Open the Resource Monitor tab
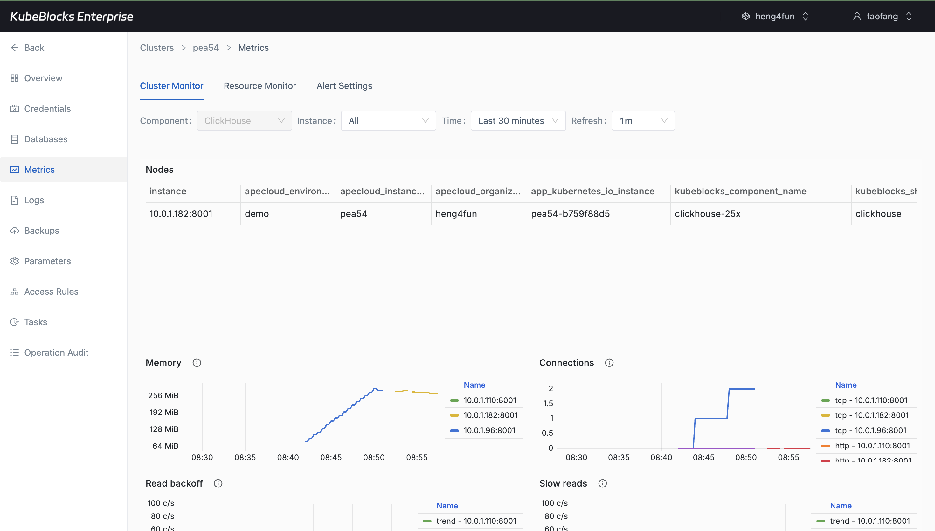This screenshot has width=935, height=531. tap(260, 86)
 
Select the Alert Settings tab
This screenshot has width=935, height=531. tap(344, 86)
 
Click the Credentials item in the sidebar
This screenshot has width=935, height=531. tap(47, 109)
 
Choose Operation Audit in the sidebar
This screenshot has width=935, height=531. tap(56, 353)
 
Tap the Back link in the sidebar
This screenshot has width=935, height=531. tap(34, 48)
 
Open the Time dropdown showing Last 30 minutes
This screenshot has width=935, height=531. tap(518, 121)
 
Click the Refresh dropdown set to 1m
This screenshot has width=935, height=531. tap(642, 121)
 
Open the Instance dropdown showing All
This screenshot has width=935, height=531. tap(388, 121)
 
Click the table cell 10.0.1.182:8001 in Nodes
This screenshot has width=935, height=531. tap(181, 214)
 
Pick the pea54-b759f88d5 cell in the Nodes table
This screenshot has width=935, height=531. tap(570, 214)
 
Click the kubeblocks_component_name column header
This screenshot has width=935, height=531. tap(740, 191)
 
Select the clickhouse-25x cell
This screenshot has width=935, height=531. tap(707, 214)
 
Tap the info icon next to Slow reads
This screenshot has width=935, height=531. tap(602, 483)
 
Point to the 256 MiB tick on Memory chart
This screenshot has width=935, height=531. tap(163, 395)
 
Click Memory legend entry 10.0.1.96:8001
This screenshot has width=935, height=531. tap(489, 430)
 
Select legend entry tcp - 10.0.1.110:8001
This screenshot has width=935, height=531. tap(870, 400)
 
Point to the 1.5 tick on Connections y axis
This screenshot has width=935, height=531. tap(548, 403)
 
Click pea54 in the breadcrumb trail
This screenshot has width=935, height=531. tap(205, 48)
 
